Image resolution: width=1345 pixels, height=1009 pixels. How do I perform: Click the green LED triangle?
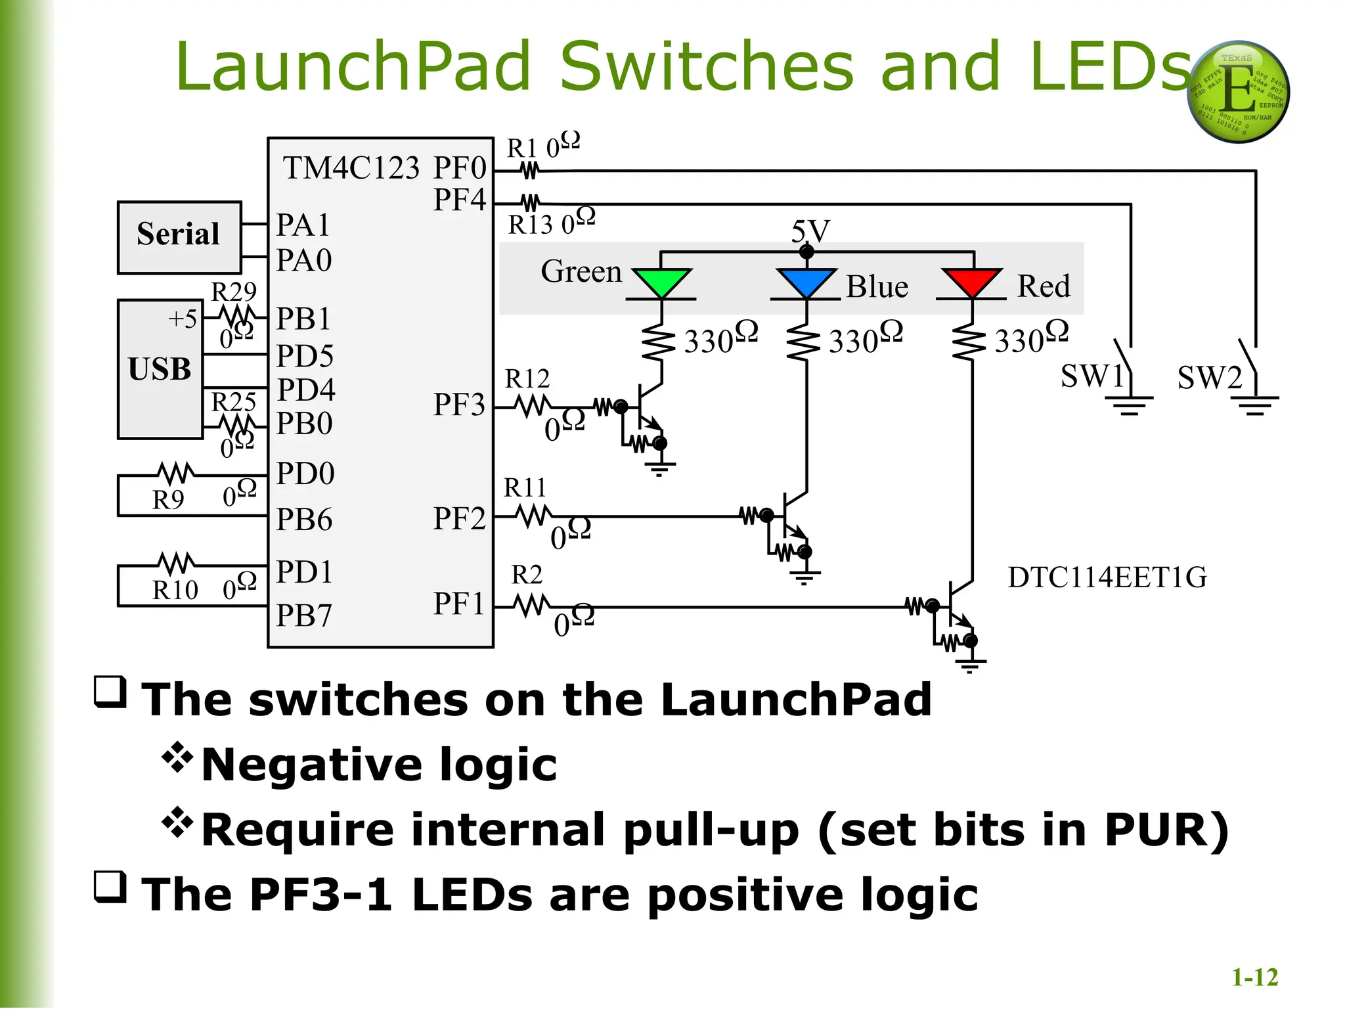point(661,282)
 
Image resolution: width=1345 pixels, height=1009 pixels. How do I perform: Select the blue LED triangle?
point(806,282)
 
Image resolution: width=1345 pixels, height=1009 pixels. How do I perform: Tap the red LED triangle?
point(971,282)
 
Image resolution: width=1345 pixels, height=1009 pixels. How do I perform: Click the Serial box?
point(179,236)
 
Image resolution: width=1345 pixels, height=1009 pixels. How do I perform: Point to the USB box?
point(160,369)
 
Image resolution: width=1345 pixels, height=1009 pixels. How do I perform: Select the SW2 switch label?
point(1209,377)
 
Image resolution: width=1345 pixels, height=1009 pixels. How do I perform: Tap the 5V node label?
point(810,231)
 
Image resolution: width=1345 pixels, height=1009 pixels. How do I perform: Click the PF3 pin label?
point(458,405)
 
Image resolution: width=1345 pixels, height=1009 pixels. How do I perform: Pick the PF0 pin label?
point(460,168)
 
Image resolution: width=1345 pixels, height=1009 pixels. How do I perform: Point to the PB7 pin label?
point(304,616)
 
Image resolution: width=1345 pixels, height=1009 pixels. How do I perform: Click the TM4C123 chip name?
point(351,168)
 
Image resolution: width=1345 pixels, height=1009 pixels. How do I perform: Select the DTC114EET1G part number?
point(1107,577)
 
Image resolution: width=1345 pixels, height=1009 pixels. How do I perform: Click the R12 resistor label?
point(527,379)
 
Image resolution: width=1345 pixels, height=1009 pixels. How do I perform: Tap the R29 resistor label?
point(233,292)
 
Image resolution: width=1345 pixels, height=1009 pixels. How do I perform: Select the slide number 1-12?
point(1254,977)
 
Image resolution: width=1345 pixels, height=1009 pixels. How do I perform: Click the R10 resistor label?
point(175,590)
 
